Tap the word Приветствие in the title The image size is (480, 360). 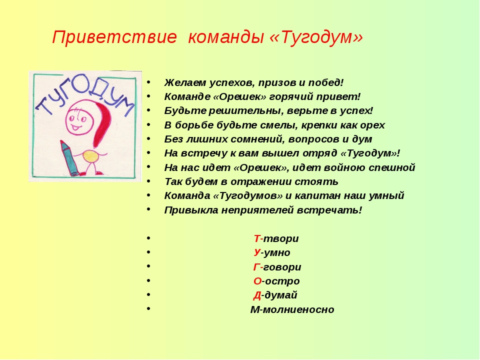click(114, 38)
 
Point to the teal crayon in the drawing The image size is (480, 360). click(70, 158)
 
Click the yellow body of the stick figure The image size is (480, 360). click(90, 156)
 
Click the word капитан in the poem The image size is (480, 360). click(317, 196)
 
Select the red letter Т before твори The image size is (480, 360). click(257, 238)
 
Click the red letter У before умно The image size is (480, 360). click(257, 253)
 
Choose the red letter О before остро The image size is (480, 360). click(257, 281)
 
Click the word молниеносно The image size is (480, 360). click(298, 309)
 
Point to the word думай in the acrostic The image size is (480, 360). click(280, 295)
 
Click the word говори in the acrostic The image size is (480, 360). click(282, 267)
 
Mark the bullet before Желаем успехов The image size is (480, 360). click(148, 82)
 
